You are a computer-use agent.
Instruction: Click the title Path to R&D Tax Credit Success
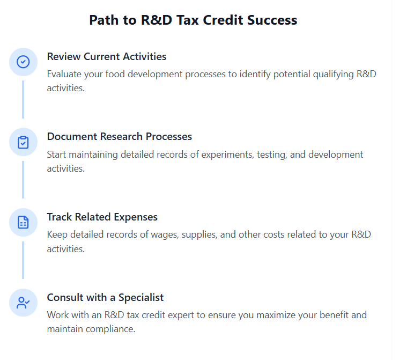tap(193, 20)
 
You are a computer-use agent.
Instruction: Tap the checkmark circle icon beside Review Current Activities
tap(23, 62)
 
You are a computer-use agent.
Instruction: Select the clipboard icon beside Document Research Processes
tap(23, 142)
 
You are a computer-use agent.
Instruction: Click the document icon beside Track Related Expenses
tap(23, 222)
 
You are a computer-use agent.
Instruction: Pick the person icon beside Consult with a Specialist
tap(23, 303)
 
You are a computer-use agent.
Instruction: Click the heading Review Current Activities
tap(107, 56)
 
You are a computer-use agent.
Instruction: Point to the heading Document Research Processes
tap(119, 136)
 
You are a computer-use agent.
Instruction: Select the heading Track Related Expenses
tap(102, 217)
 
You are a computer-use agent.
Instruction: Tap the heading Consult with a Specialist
tap(105, 297)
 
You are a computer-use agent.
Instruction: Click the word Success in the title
tap(271, 20)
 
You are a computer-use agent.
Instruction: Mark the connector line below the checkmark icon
tap(23, 99)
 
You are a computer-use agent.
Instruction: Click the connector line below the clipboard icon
tap(23, 180)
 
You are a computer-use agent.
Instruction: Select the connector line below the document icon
tap(23, 260)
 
